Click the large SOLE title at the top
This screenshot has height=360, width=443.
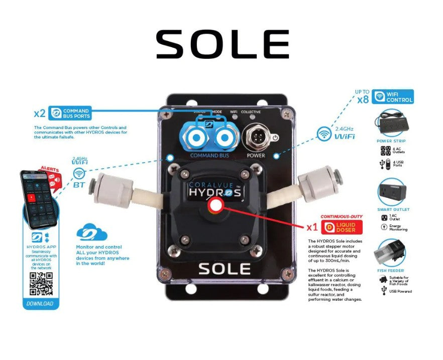click(222, 44)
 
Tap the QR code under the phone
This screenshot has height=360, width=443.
click(41, 284)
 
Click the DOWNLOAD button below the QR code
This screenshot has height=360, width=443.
click(40, 303)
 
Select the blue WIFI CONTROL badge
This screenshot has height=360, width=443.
click(393, 96)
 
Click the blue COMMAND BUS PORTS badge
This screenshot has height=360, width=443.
click(70, 113)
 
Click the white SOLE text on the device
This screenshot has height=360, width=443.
click(224, 269)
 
